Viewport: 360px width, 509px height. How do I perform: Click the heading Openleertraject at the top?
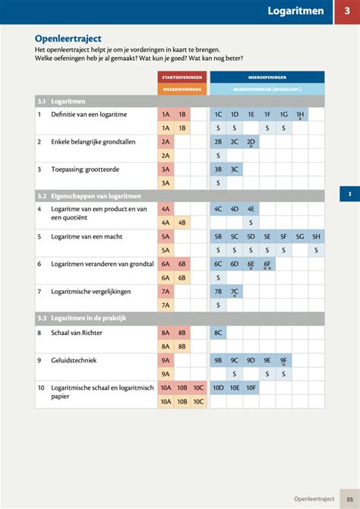(68, 38)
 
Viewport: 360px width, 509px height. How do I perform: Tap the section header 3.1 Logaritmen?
(61, 101)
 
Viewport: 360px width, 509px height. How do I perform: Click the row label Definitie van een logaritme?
(88, 114)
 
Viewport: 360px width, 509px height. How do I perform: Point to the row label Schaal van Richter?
(76, 332)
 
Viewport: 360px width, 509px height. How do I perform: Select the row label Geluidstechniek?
(75, 360)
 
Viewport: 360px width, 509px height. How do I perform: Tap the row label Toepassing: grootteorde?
(84, 169)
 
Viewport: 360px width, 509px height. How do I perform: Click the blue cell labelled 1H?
(300, 114)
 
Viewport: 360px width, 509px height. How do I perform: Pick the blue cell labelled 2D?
(251, 141)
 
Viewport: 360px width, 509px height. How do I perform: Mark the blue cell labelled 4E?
(251, 208)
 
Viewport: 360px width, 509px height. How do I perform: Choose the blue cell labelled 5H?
(316, 236)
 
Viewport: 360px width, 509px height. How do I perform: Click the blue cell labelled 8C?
(218, 332)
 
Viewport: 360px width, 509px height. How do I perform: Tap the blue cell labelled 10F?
(251, 387)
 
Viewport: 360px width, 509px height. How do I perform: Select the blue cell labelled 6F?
(267, 264)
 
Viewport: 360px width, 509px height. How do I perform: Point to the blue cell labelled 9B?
(218, 360)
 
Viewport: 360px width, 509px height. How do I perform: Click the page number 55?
(349, 499)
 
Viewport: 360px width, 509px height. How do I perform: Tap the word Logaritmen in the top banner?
(295, 11)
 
